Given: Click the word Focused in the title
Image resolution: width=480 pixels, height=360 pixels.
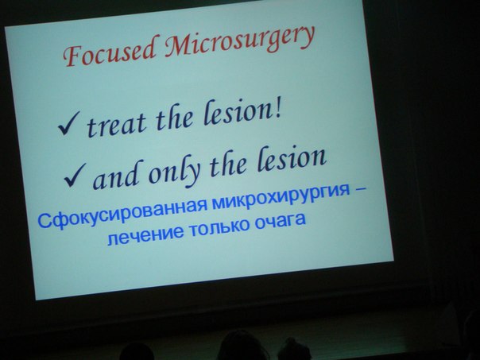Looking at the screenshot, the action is coord(110,52).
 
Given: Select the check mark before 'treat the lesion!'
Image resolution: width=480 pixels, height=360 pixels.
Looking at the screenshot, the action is coord(69,123).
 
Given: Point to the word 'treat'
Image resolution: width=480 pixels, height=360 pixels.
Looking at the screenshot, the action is coord(116,125).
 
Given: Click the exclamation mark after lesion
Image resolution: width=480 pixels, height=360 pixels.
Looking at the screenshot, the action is coord(277,108).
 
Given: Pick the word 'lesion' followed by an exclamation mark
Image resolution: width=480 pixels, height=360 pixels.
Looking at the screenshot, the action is coord(238,113).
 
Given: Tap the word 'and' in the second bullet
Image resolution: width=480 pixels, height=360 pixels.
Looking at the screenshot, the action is coord(115,176).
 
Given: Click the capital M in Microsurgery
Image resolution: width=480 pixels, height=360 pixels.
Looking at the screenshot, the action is coord(180,46).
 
